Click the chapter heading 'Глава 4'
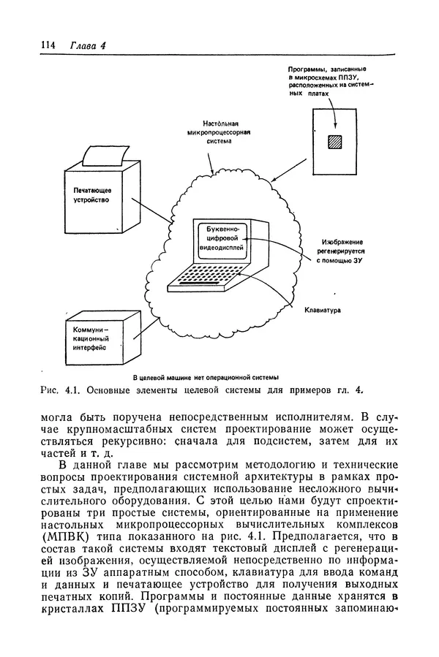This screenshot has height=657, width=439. [x=89, y=45]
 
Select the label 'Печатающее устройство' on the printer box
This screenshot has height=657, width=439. [x=91, y=194]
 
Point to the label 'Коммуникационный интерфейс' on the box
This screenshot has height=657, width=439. [x=91, y=340]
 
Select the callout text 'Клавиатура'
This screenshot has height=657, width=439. [x=323, y=309]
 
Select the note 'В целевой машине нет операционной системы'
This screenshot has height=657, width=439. [x=206, y=377]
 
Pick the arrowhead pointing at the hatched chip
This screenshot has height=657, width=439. [x=335, y=130]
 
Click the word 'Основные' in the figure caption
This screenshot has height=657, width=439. [x=108, y=390]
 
